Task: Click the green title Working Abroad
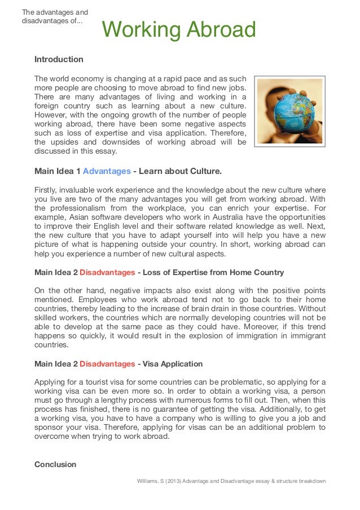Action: point(179,30)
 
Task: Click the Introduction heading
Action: point(59,59)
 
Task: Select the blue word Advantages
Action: point(107,170)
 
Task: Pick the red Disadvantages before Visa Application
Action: point(107,364)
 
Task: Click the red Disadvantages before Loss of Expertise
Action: point(107,272)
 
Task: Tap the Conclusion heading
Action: point(55,464)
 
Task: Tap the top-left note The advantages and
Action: point(54,12)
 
